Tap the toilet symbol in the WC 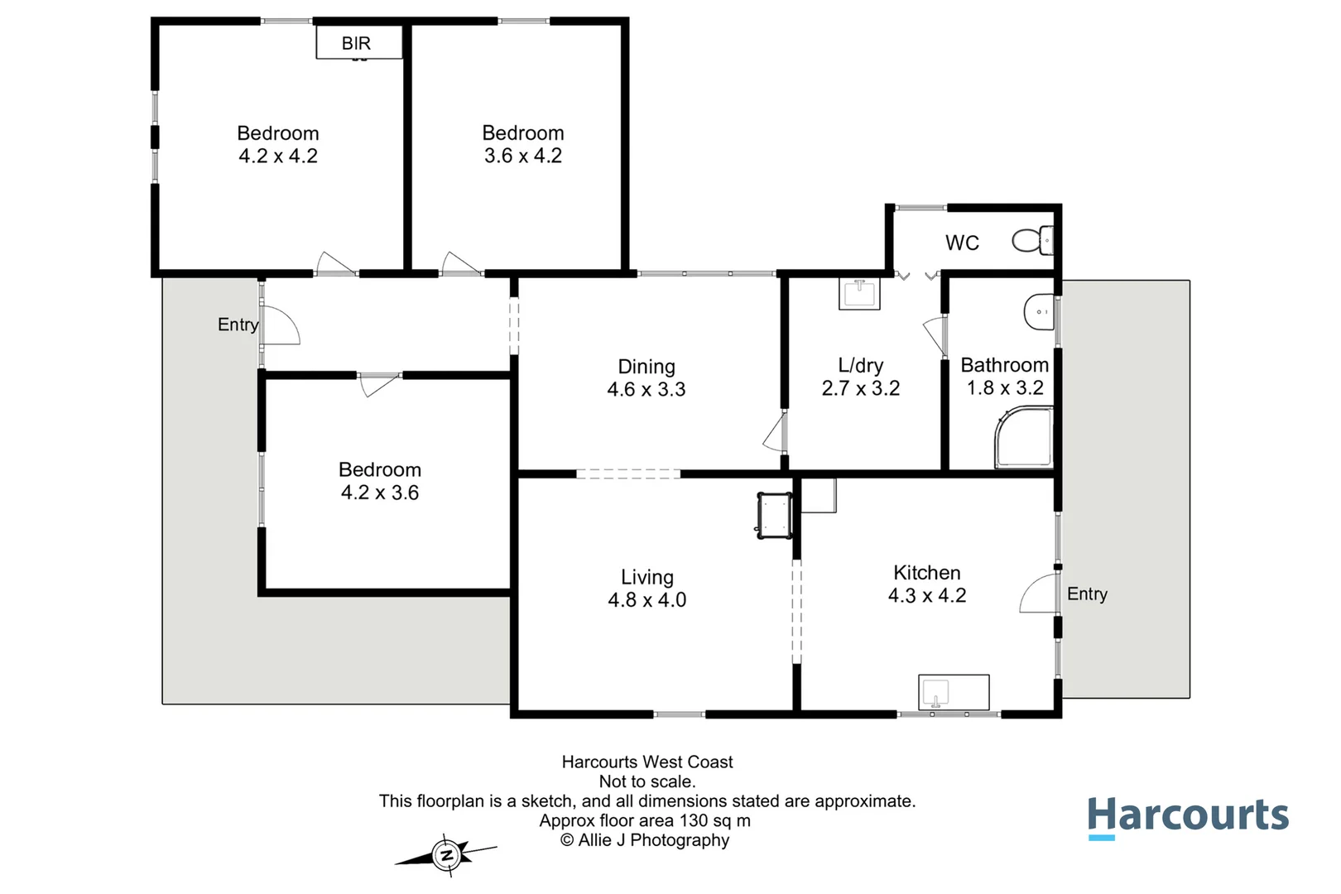[1032, 241]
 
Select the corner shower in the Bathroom [1024, 438]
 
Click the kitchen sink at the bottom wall [954, 693]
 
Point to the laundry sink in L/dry [859, 294]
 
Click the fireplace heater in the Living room [774, 515]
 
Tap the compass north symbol [447, 855]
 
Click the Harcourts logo [1187, 817]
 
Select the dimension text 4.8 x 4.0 [646, 600]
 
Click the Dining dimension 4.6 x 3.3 [646, 390]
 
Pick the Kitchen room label [926, 573]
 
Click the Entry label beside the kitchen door [1086, 594]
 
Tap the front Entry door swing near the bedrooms [281, 326]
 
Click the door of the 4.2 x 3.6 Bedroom [379, 384]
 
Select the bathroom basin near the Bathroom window [1039, 313]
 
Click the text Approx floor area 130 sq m [645, 821]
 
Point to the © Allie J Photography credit [645, 840]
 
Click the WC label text [962, 243]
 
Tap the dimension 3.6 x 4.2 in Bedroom [522, 156]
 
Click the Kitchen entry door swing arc [1037, 594]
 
